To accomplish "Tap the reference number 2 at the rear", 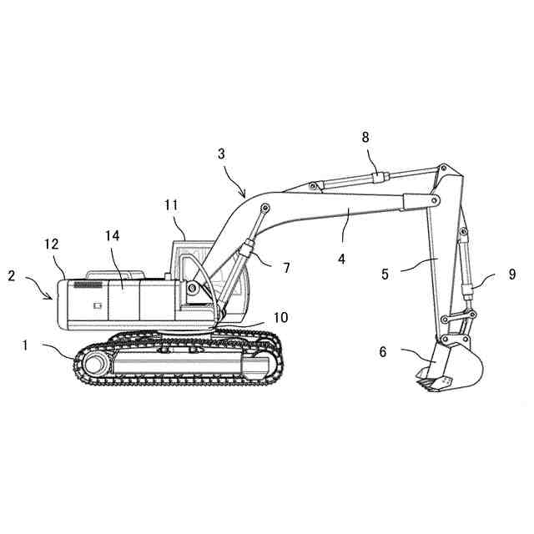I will pyautogui.click(x=13, y=275).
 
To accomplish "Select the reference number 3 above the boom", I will pyautogui.click(x=221, y=154).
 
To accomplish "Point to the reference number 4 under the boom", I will pyautogui.click(x=341, y=259).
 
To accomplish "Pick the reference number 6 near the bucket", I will pyautogui.click(x=383, y=352).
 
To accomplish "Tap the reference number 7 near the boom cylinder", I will pyautogui.click(x=286, y=268).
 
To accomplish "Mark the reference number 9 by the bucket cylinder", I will pyautogui.click(x=511, y=273).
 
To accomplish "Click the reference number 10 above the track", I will pyautogui.click(x=280, y=317).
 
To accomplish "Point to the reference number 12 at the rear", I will pyautogui.click(x=52, y=244).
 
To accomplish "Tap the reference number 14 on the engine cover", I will pyautogui.click(x=113, y=236).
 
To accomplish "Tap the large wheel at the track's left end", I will pyautogui.click(x=95, y=365).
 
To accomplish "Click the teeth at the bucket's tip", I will pyautogui.click(x=429, y=385).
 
